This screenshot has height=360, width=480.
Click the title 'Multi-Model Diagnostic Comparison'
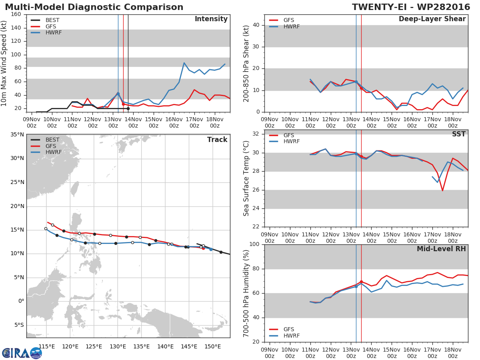point(94,7)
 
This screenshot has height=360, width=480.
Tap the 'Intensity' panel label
point(211,19)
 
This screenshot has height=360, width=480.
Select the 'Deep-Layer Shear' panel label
point(432,19)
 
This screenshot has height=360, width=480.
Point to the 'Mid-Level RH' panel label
point(441,249)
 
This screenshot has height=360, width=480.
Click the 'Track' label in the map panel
point(217,140)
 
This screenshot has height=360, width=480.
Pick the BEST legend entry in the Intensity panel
point(52,20)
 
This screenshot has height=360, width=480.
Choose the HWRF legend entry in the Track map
point(54,152)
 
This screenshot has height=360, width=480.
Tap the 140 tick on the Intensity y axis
point(16,28)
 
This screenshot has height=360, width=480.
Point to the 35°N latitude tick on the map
point(17,134)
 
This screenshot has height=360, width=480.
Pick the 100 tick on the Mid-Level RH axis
point(255,244)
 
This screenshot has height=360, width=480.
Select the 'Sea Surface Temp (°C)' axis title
point(246,178)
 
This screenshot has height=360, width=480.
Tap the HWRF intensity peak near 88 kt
point(184,62)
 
